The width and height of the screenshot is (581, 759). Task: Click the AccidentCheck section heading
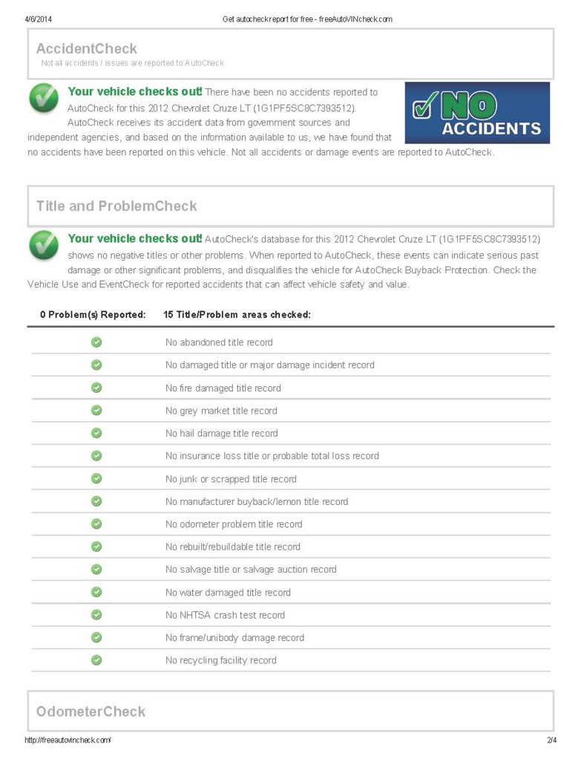[x=86, y=49]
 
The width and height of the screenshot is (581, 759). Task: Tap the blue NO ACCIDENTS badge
[x=477, y=112]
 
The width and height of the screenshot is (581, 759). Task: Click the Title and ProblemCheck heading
[x=116, y=206]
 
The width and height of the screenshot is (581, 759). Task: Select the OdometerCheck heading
[x=91, y=711]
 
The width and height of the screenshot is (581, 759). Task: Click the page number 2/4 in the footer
[x=550, y=740]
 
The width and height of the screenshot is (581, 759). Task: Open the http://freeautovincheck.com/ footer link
[x=68, y=740]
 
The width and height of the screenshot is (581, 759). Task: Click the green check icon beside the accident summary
[x=44, y=99]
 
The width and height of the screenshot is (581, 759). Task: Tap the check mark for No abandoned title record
[x=96, y=342]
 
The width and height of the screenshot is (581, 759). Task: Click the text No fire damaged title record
[x=223, y=388]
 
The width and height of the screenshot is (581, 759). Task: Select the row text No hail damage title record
[x=221, y=434]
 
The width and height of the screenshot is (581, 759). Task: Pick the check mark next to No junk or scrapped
[x=96, y=479]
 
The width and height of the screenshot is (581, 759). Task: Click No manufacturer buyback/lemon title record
[x=256, y=502]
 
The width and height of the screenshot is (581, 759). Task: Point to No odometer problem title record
[x=233, y=524]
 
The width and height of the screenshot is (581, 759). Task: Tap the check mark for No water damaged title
[x=96, y=593]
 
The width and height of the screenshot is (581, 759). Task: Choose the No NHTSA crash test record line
[x=224, y=616]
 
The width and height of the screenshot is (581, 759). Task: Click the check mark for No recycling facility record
[x=96, y=660]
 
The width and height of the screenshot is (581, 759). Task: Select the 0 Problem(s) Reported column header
[x=93, y=315]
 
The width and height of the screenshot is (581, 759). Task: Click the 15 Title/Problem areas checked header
[x=236, y=315]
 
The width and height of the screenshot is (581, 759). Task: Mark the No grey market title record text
[x=220, y=411]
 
